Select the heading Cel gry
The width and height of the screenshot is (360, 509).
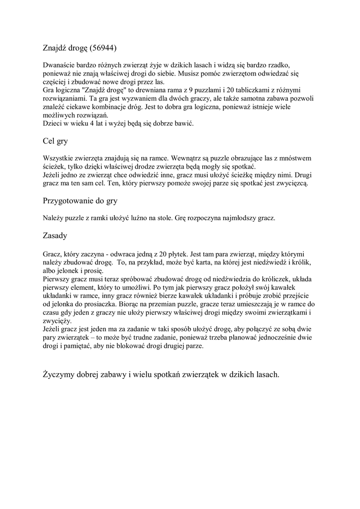55,142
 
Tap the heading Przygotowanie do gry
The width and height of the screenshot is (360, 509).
80,201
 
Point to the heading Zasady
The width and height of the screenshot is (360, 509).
55,235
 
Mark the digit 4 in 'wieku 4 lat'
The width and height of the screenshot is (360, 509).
91,124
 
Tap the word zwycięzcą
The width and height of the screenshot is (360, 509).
290,183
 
